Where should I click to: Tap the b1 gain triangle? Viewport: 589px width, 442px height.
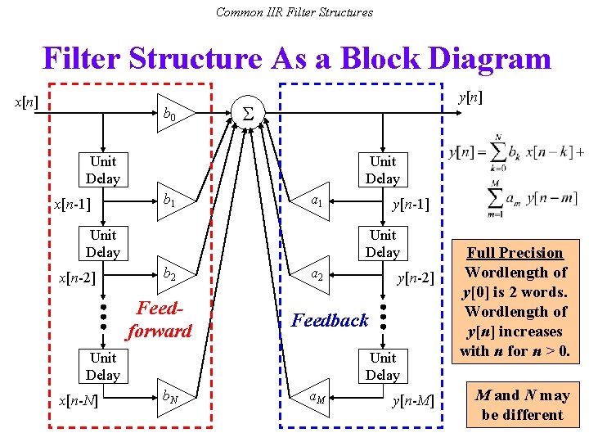coord(174,199)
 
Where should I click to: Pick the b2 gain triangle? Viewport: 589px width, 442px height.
coord(174,274)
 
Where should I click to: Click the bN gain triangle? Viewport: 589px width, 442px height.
coord(174,397)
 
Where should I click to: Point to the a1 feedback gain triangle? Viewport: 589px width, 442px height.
coord(311,199)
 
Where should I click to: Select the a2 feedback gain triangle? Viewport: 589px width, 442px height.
coord(311,274)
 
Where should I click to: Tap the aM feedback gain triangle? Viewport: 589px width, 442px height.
coord(311,397)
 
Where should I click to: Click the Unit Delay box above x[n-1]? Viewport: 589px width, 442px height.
coord(103,169)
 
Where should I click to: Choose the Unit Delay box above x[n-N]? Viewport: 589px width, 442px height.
coord(103,366)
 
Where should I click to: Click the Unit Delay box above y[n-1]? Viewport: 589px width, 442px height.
coord(382,169)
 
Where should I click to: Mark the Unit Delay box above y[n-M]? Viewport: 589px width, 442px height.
coord(382,366)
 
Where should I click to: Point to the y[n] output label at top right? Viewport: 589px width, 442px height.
coord(470,97)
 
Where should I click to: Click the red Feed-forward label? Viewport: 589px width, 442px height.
coord(159,320)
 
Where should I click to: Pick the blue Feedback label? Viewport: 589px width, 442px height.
coord(330,320)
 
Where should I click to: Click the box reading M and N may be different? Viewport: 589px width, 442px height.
coord(522,404)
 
